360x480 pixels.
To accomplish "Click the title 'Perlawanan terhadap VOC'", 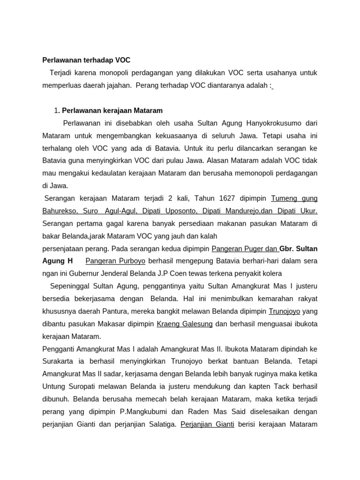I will (x=86, y=60).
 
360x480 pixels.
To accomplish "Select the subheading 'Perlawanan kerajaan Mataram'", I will (x=112, y=111).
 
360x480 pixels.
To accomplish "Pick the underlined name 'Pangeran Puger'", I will (x=237, y=248).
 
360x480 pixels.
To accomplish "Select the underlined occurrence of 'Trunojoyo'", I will (x=284, y=311).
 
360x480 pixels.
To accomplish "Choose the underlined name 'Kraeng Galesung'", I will (x=185, y=323).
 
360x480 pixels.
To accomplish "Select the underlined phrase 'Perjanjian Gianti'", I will (x=207, y=424).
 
